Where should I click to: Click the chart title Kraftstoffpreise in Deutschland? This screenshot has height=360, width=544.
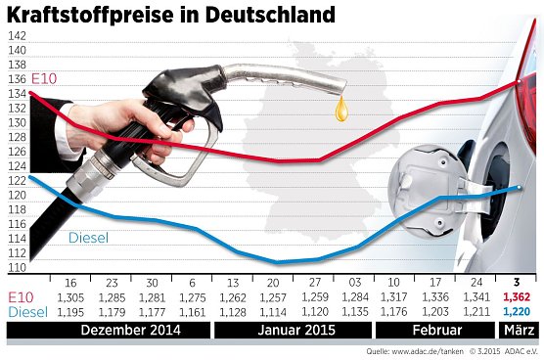[172, 16]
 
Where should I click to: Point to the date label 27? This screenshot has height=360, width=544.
[314, 282]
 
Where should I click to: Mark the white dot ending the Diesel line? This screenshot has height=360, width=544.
[520, 187]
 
